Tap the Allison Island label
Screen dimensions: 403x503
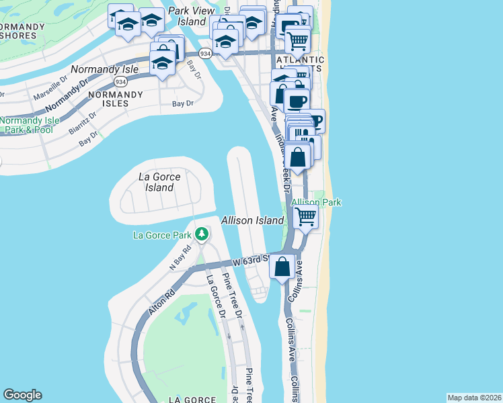coord(253,220)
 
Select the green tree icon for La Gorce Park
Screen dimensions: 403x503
coord(201,234)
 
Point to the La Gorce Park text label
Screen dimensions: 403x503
coord(161,235)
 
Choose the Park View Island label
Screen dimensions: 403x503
coord(191,16)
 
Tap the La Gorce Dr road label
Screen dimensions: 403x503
coord(215,296)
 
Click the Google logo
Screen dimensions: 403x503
coord(22,395)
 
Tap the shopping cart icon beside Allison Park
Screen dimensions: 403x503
coord(305,217)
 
